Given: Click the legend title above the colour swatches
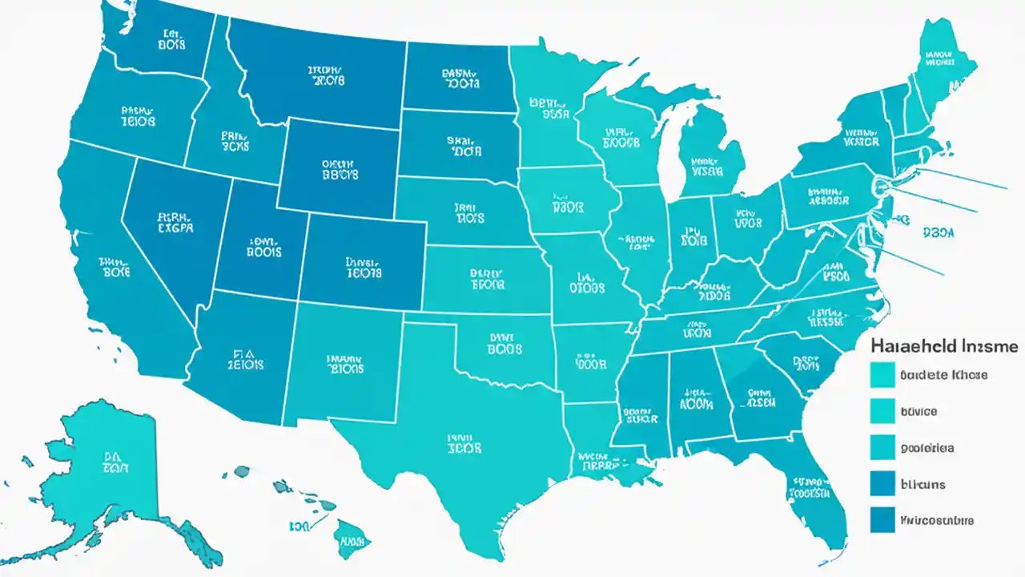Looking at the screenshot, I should click(x=943, y=346).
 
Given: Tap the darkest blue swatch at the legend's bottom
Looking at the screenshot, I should click(x=882, y=520).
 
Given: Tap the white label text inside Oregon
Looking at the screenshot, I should click(x=138, y=117).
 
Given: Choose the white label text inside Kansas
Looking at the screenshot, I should click(x=488, y=278).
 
